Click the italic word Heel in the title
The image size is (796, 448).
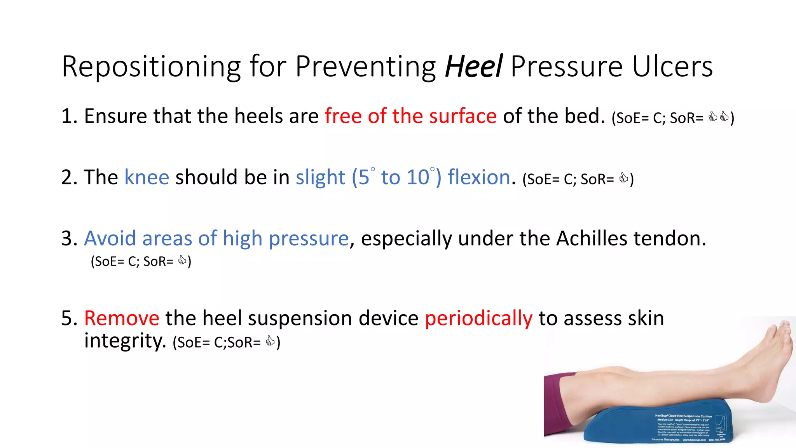click(474, 66)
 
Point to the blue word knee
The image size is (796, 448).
click(147, 177)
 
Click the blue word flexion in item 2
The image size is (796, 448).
click(479, 177)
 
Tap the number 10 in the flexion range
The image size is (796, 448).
click(417, 177)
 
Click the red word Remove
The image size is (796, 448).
click(122, 318)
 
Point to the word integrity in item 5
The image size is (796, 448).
click(125, 341)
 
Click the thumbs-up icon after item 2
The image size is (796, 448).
click(623, 178)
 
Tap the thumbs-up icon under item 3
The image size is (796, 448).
click(182, 260)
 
